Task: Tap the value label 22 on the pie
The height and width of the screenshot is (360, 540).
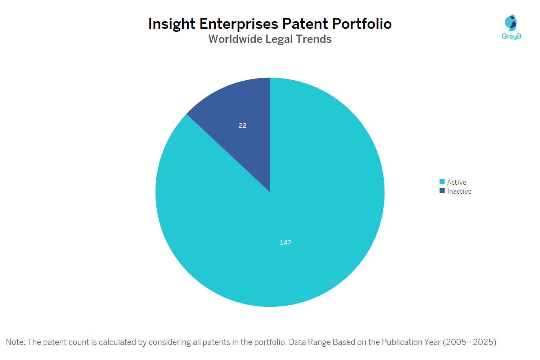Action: coord(243,126)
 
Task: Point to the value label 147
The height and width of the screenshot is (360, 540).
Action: coord(285,243)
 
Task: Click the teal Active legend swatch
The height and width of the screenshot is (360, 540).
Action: coord(442,182)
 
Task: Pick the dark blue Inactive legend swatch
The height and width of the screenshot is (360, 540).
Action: coord(442,191)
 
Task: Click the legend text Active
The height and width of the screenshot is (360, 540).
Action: coord(456,183)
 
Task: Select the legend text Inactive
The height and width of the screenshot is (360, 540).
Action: coord(459,192)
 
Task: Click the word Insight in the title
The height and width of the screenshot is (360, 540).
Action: coord(172,24)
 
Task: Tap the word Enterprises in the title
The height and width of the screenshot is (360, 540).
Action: coord(239,24)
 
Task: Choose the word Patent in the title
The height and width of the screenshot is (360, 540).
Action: coord(305,24)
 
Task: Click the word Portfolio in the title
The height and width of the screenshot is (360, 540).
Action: coord(362,24)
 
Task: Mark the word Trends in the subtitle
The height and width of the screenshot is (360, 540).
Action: coord(314,39)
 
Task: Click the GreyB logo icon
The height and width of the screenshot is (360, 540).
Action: coord(511,23)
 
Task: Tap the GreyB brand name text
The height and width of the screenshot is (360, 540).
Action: coord(511,36)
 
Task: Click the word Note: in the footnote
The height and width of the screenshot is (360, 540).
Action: coord(16,342)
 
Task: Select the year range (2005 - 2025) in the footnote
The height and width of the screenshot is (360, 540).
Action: coord(469,342)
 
